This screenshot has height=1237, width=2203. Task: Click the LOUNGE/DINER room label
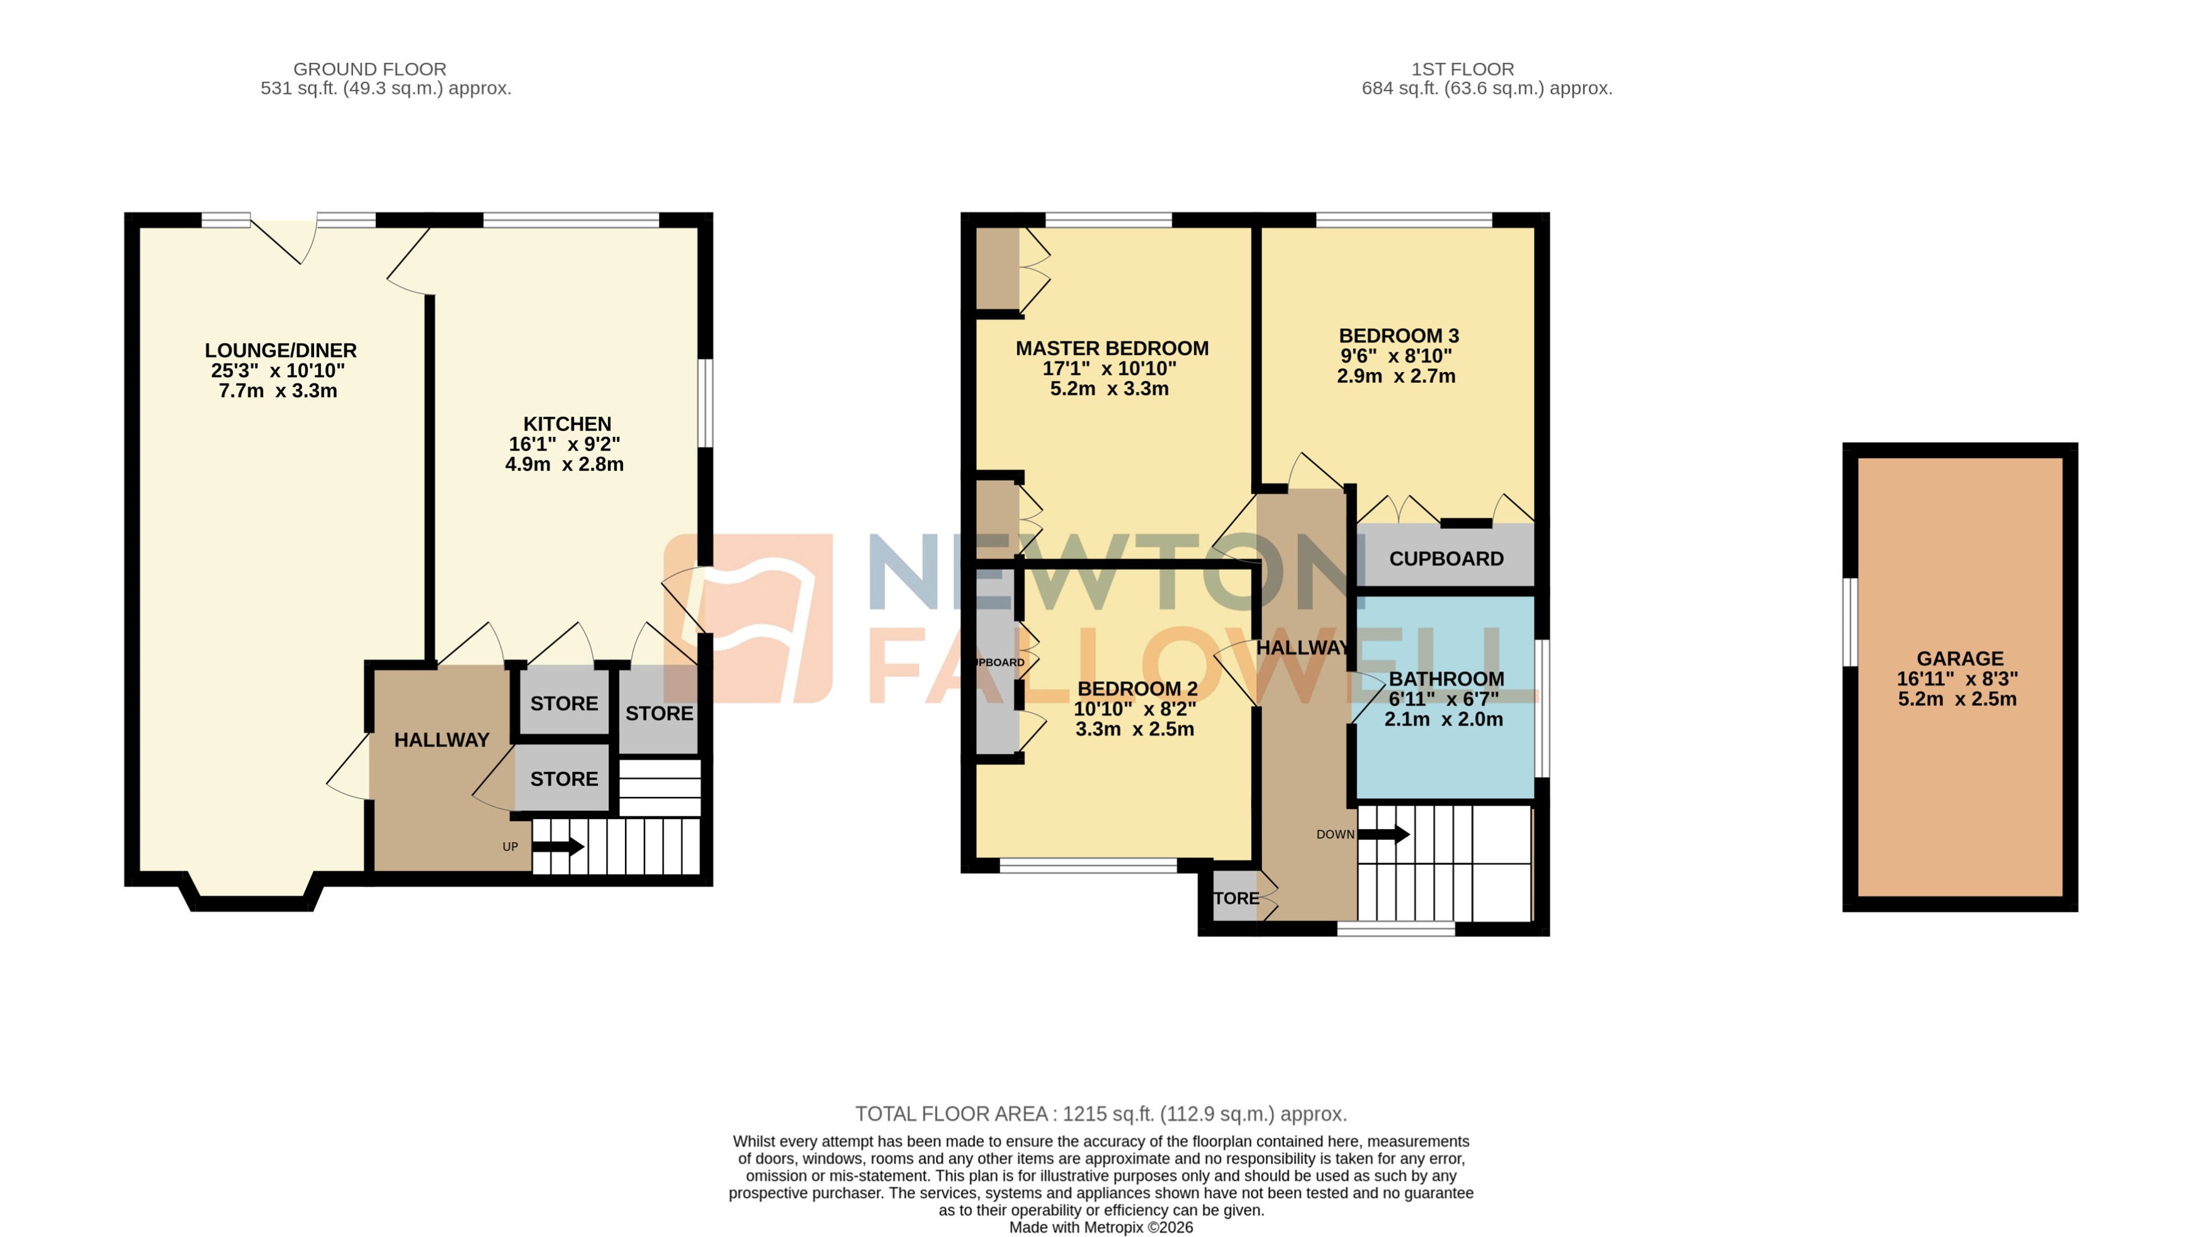pos(281,351)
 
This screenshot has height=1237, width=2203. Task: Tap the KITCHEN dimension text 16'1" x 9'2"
pos(565,444)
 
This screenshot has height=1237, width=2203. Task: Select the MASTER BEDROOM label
pos(1112,348)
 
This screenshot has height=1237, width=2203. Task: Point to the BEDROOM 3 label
pos(1398,336)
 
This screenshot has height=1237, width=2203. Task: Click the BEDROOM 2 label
pos(1137,689)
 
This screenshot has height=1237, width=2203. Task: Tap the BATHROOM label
pos(1446,679)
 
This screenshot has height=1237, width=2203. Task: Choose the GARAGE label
pos(1959,658)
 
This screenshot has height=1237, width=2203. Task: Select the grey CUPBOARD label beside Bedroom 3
pos(1445,558)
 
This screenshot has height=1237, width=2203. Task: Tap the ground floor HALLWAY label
pos(441,740)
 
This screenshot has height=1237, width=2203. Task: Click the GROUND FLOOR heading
pos(369,69)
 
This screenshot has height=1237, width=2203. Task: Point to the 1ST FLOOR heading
pos(1462,69)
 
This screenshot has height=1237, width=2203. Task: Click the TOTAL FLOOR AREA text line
pos(1101,1114)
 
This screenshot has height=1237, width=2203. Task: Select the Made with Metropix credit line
pos(1101,1228)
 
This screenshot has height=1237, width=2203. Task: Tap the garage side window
pos(1850,622)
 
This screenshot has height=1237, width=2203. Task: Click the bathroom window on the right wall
pos(1542,708)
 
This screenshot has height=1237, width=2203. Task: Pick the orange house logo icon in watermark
pos(748,618)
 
